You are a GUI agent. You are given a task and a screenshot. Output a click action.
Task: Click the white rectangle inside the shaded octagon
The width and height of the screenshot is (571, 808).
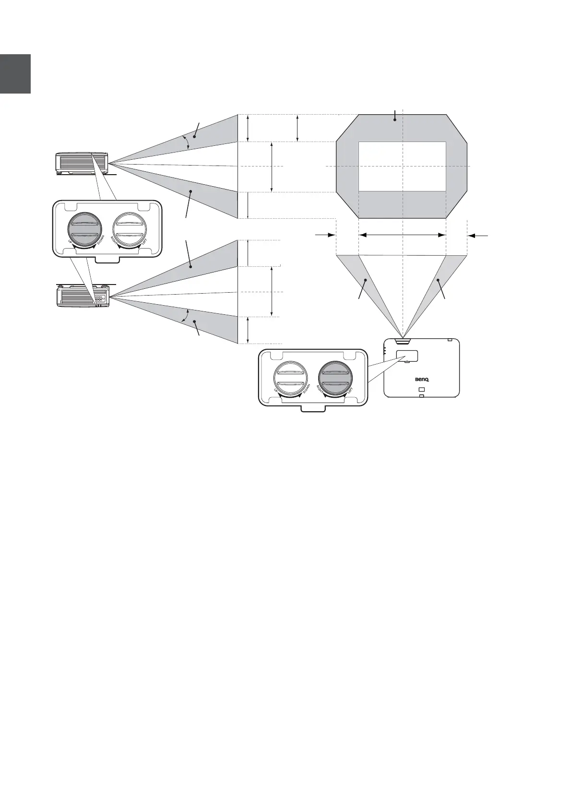(402, 166)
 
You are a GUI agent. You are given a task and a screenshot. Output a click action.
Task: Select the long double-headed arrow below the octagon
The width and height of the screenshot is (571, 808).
(402, 235)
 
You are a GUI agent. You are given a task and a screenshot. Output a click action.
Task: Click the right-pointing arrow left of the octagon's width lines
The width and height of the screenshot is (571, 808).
(325, 235)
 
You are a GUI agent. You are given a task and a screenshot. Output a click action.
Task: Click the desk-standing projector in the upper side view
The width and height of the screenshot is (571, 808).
(82, 163)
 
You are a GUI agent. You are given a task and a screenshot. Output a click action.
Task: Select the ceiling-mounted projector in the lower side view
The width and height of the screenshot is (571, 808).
(83, 295)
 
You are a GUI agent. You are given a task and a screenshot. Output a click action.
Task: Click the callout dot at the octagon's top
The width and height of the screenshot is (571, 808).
(395, 120)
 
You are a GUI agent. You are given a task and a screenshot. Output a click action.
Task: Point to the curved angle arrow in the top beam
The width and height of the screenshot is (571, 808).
(186, 142)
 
